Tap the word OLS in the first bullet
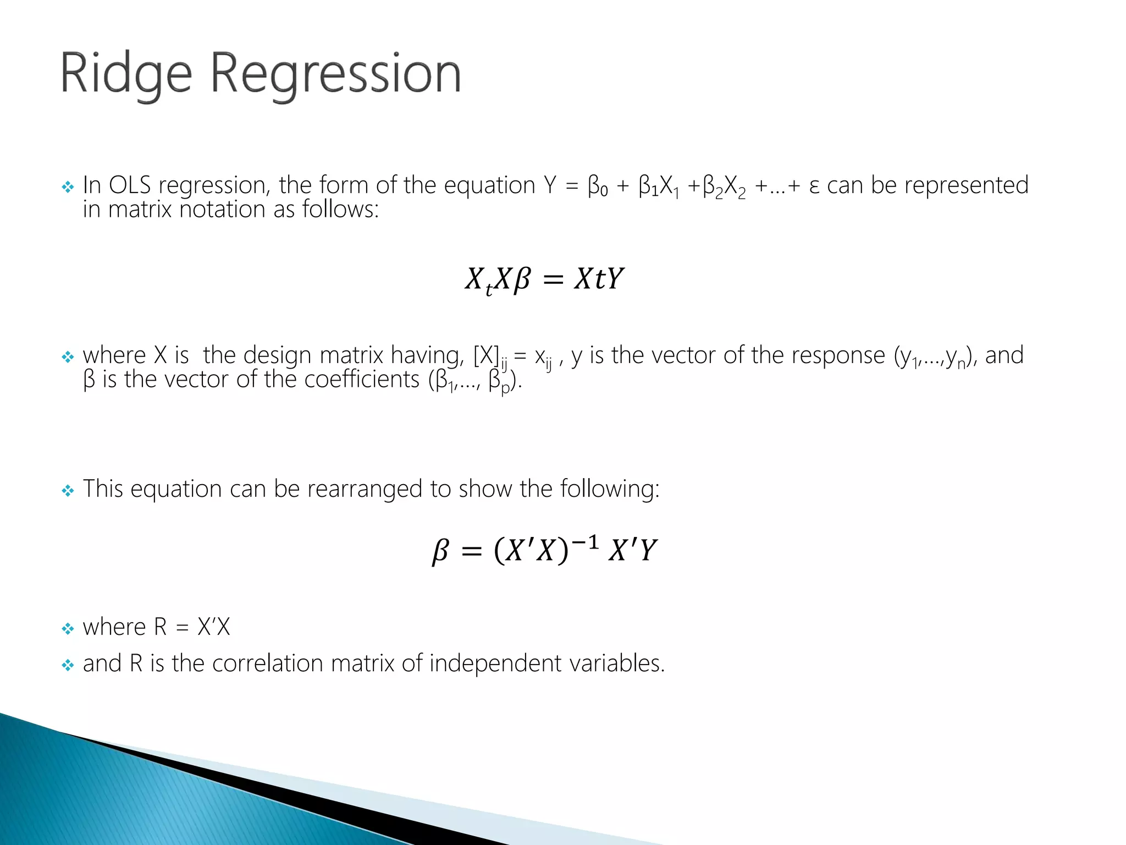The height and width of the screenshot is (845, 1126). click(x=130, y=185)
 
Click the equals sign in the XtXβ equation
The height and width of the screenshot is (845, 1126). click(x=553, y=279)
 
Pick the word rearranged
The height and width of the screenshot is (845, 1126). click(x=365, y=489)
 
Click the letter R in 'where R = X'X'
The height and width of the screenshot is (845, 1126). click(x=160, y=627)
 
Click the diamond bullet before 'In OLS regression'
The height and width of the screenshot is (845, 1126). click(x=68, y=187)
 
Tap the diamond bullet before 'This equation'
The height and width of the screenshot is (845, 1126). click(x=68, y=490)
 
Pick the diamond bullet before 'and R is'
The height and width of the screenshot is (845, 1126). click(x=68, y=666)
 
